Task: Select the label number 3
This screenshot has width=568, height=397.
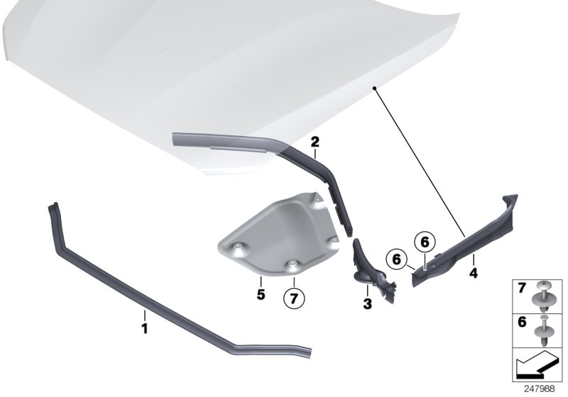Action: point(367,303)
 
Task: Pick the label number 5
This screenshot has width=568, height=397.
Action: point(261,293)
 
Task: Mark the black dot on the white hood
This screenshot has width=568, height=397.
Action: point(373,87)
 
